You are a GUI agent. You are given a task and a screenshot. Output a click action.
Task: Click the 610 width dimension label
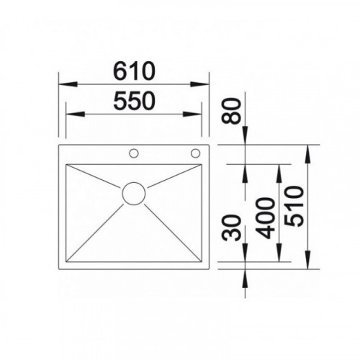pyautogui.click(x=134, y=71)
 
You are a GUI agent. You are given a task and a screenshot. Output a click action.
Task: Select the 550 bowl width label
pyautogui.click(x=134, y=101)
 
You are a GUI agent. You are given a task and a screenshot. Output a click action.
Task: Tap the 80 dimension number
pyautogui.click(x=231, y=111)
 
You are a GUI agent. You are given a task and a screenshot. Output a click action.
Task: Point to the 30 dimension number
pyautogui.click(x=231, y=228)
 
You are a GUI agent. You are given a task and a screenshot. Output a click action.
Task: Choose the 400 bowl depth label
pyautogui.click(x=265, y=218)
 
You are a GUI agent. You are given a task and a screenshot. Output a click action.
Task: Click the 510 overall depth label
pyautogui.click(x=294, y=206)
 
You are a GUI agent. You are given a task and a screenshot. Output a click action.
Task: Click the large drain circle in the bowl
pyautogui.click(x=134, y=194)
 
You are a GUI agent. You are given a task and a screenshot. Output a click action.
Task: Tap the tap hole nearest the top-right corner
pyautogui.click(x=195, y=153)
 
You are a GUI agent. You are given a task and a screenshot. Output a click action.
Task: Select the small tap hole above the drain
pyautogui.click(x=134, y=153)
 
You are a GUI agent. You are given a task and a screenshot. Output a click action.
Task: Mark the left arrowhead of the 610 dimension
pyautogui.click(x=68, y=84)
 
